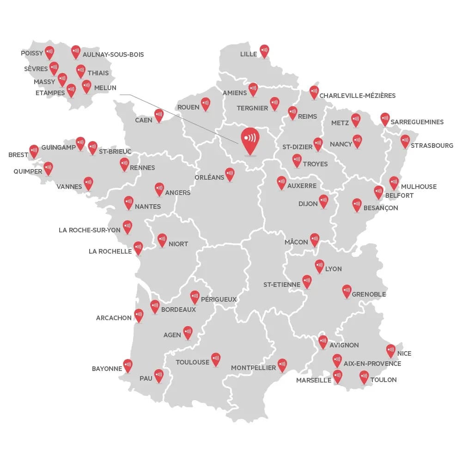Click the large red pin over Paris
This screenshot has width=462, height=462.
tap(250, 139)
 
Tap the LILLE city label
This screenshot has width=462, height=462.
tap(249, 55)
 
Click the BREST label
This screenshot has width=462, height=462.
tap(18, 155)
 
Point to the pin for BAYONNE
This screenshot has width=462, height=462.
tap(128, 365)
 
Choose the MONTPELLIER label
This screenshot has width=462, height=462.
tap(253, 368)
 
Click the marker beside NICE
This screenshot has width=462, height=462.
tap(391, 350)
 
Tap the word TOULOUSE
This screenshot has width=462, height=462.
tap(193, 362)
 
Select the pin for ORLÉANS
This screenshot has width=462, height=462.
tap(230, 174)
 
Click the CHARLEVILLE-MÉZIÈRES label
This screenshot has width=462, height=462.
tap(358, 96)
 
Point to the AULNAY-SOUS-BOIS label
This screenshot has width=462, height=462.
tap(113, 55)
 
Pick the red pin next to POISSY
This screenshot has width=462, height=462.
tap(49, 52)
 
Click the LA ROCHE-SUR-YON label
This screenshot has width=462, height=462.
tap(90, 230)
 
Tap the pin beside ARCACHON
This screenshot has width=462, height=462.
tap(139, 315)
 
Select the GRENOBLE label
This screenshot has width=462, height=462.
tap(369, 294)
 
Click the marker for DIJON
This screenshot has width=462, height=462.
tap(323, 200)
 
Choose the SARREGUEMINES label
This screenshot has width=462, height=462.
tap(417, 122)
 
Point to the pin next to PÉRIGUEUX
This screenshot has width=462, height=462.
tap(195, 296)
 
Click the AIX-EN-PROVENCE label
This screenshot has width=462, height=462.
tap(372, 364)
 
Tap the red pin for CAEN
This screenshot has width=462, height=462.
tap(159, 115)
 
